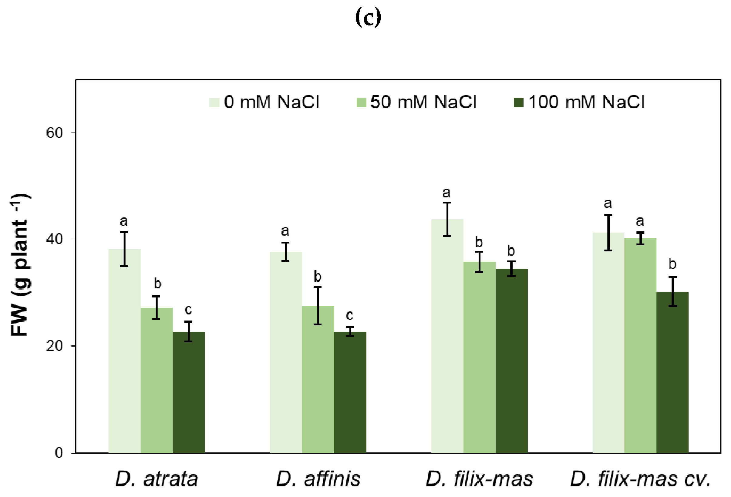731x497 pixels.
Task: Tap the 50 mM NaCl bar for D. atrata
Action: click(157, 380)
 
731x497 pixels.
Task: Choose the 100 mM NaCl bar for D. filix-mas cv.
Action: click(672, 372)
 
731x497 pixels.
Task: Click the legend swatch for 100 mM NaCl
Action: click(518, 102)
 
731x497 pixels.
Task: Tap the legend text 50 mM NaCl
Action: click(423, 102)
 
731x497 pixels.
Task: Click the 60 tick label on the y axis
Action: click(54, 133)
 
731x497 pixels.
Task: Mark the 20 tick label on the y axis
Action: click(54, 346)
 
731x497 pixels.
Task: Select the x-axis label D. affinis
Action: click(318, 479)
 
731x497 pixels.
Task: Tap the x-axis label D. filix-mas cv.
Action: click(640, 479)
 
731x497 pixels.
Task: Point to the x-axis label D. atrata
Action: click(156, 479)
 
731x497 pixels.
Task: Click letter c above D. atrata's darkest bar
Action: click(188, 310)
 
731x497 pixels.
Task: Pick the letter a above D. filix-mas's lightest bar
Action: click(446, 192)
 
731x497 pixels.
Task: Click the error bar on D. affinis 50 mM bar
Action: click(318, 306)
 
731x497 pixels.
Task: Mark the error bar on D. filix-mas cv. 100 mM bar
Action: click(672, 291)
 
